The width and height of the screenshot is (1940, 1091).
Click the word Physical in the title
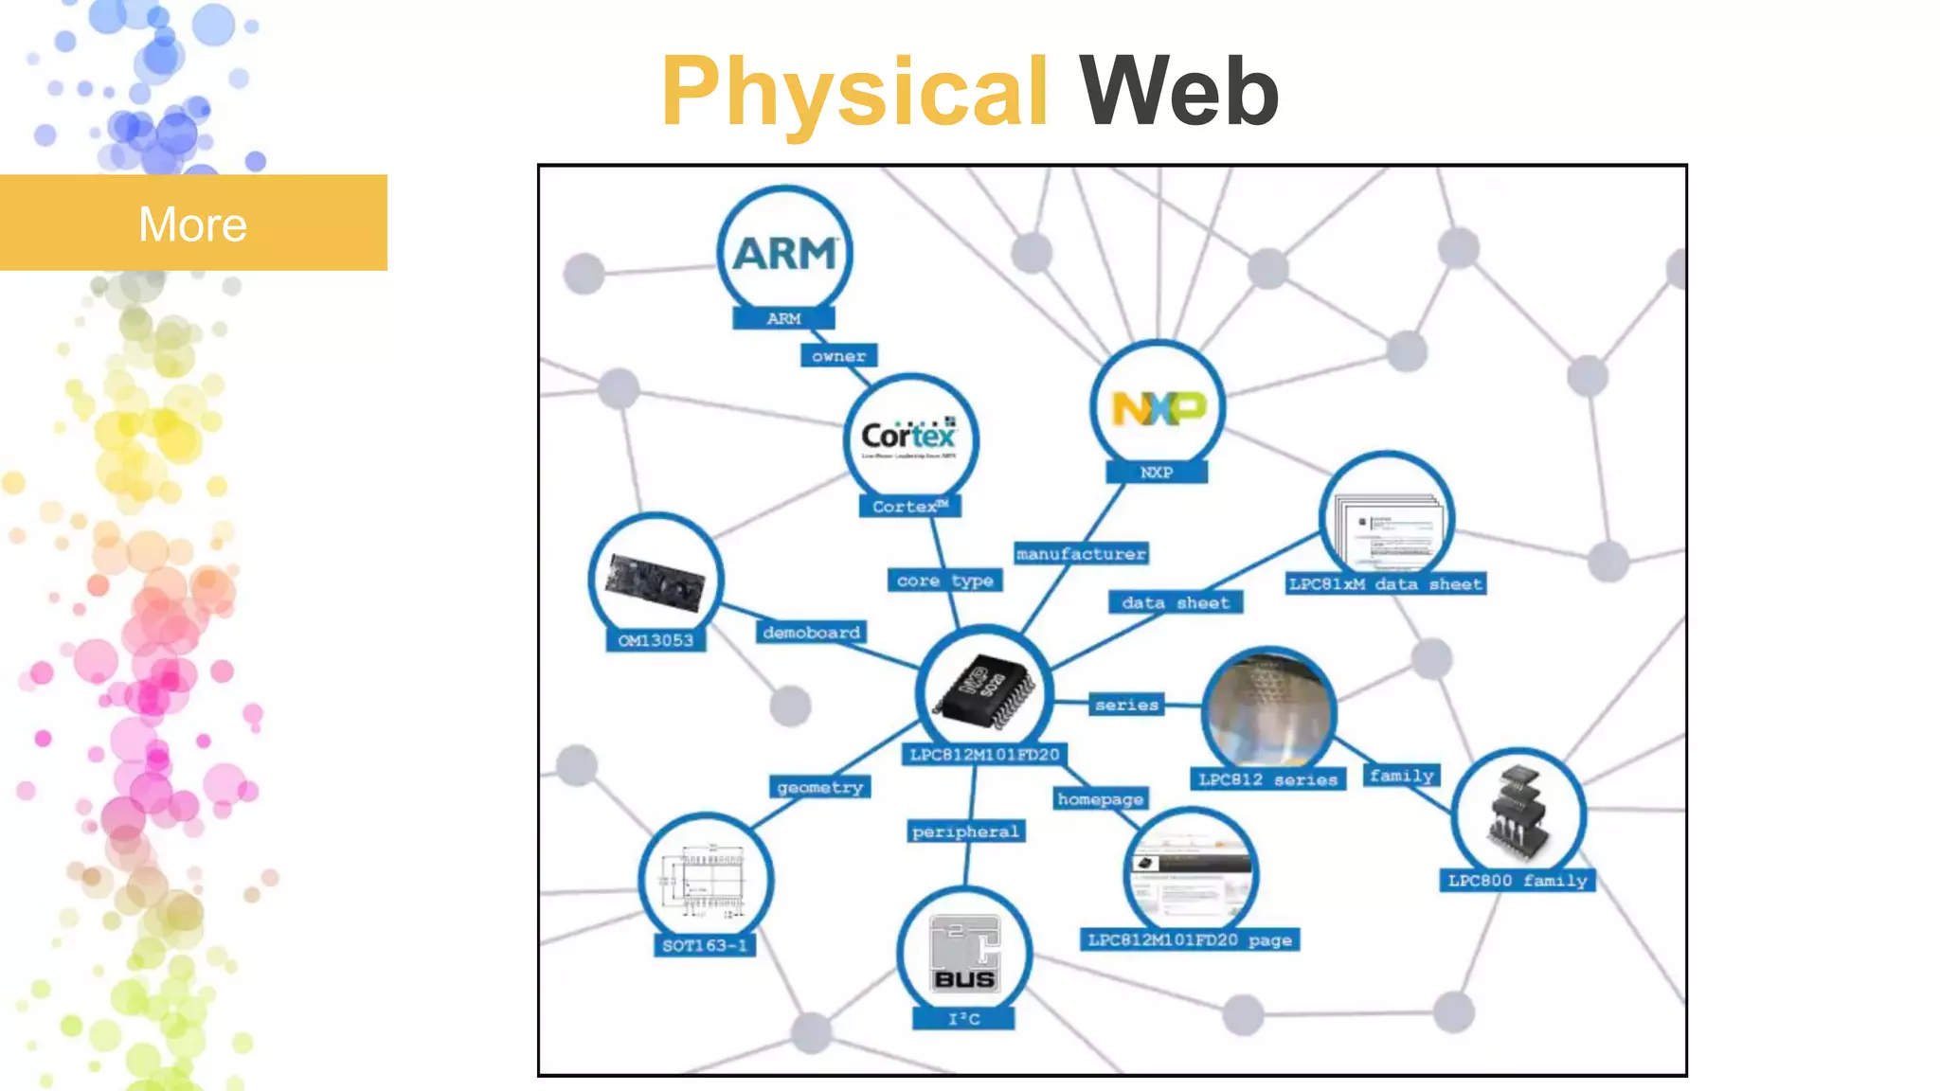coord(854,93)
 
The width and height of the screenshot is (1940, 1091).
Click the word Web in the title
coord(1179,93)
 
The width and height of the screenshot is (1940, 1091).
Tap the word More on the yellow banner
coord(192,224)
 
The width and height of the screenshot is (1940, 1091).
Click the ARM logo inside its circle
coord(785,252)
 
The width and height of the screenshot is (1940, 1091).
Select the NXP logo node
coord(1158,408)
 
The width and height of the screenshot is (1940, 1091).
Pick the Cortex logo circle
coord(909,438)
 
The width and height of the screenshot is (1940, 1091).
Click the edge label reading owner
coord(838,356)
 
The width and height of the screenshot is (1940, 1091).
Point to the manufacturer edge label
coord(1081,554)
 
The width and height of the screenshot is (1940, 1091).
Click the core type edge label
coord(944,581)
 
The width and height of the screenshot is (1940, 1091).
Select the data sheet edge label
coord(1175,602)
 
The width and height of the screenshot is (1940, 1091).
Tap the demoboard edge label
coord(811,632)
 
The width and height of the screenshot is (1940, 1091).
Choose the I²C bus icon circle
coord(963,953)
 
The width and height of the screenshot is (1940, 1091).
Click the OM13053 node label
coord(656,640)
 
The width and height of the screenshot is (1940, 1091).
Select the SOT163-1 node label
coord(704,945)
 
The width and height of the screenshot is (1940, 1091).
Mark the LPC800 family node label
coord(1517,881)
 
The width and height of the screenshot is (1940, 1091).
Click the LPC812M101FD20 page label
coord(1189,939)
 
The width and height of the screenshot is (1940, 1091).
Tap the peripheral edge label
coord(965,832)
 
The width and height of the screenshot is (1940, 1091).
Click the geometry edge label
coord(819,787)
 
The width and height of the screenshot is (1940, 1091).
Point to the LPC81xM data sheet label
coord(1385,584)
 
